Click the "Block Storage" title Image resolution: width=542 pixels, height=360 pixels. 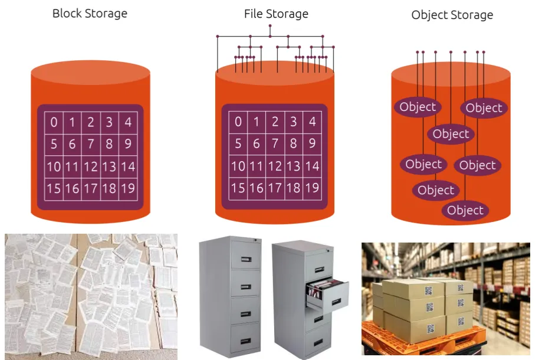90,14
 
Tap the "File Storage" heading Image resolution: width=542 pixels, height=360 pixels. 276,14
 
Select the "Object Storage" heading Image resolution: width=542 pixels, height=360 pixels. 452,15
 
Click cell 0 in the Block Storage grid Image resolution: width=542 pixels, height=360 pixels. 54,122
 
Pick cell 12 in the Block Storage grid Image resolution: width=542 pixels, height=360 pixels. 91,166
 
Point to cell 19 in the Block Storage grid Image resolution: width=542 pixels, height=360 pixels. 128,188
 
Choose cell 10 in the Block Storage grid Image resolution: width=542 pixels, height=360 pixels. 54,166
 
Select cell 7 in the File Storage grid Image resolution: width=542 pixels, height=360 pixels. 275,143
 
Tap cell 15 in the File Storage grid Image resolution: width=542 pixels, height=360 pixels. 238,188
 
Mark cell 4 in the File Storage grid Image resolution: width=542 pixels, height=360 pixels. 312,122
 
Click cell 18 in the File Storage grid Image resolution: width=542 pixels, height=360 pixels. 294,188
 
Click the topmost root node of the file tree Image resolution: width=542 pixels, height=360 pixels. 270,25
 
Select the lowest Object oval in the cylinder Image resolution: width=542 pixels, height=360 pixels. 465,210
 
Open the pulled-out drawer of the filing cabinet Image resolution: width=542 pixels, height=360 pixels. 328,294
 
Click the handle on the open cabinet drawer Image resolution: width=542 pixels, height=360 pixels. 337,302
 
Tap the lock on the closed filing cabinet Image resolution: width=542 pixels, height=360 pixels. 255,240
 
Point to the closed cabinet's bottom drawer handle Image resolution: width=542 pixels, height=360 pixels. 246,341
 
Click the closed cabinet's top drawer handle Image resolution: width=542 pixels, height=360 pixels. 246,259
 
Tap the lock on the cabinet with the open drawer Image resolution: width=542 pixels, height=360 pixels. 328,250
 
